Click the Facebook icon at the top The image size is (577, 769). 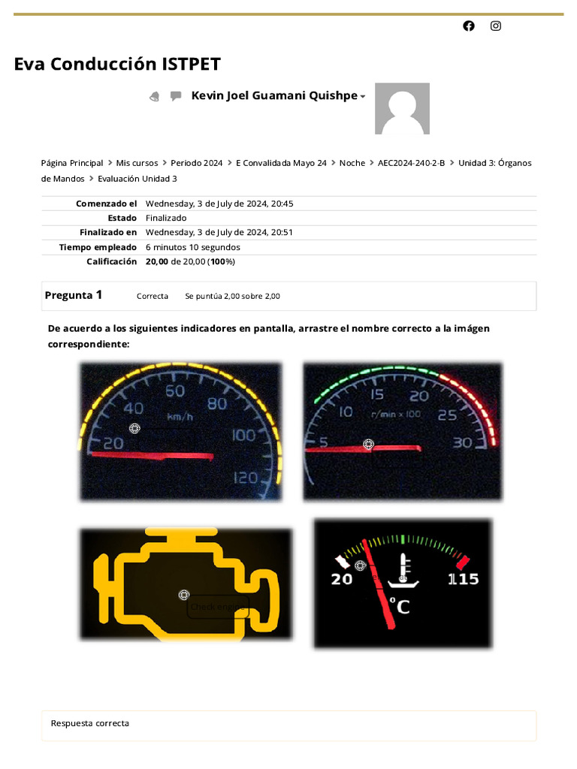pyautogui.click(x=469, y=26)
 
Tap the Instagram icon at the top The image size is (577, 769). pyautogui.click(x=496, y=26)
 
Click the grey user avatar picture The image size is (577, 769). pyautogui.click(x=402, y=109)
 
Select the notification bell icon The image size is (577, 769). pyautogui.click(x=155, y=96)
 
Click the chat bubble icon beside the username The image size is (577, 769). pyautogui.click(x=176, y=96)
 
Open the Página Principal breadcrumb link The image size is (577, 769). pyautogui.click(x=72, y=163)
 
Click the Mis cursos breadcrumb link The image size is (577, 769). pyautogui.click(x=137, y=163)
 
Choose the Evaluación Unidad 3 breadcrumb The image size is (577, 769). pyautogui.click(x=137, y=179)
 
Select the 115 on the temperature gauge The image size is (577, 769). pyautogui.click(x=463, y=579)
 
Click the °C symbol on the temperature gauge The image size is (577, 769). pyautogui.click(x=400, y=605)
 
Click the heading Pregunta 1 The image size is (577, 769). pyautogui.click(x=74, y=295)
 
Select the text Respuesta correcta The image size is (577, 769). pyautogui.click(x=90, y=723)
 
